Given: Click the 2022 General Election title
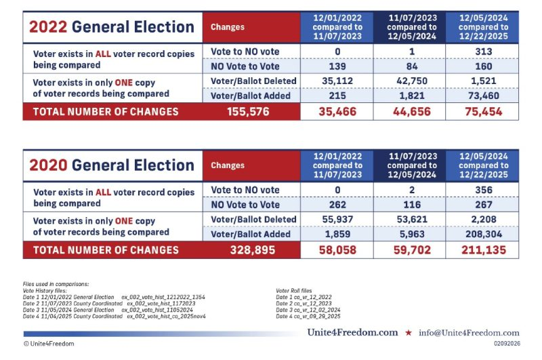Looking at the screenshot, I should click(111, 27).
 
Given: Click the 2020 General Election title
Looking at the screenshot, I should click(111, 165).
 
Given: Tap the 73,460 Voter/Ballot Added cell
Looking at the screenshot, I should click(482, 96).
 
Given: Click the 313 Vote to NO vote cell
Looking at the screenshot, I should click(482, 52).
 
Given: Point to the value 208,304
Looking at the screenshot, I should click(482, 235).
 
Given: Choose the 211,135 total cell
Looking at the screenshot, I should click(482, 250).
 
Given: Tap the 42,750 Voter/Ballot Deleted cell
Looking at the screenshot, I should click(409, 81).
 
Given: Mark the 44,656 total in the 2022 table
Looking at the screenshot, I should click(409, 112).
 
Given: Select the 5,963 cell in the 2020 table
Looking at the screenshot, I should click(409, 235).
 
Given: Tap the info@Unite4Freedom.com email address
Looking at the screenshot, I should click(468, 333).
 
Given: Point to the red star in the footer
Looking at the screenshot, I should click(408, 333).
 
